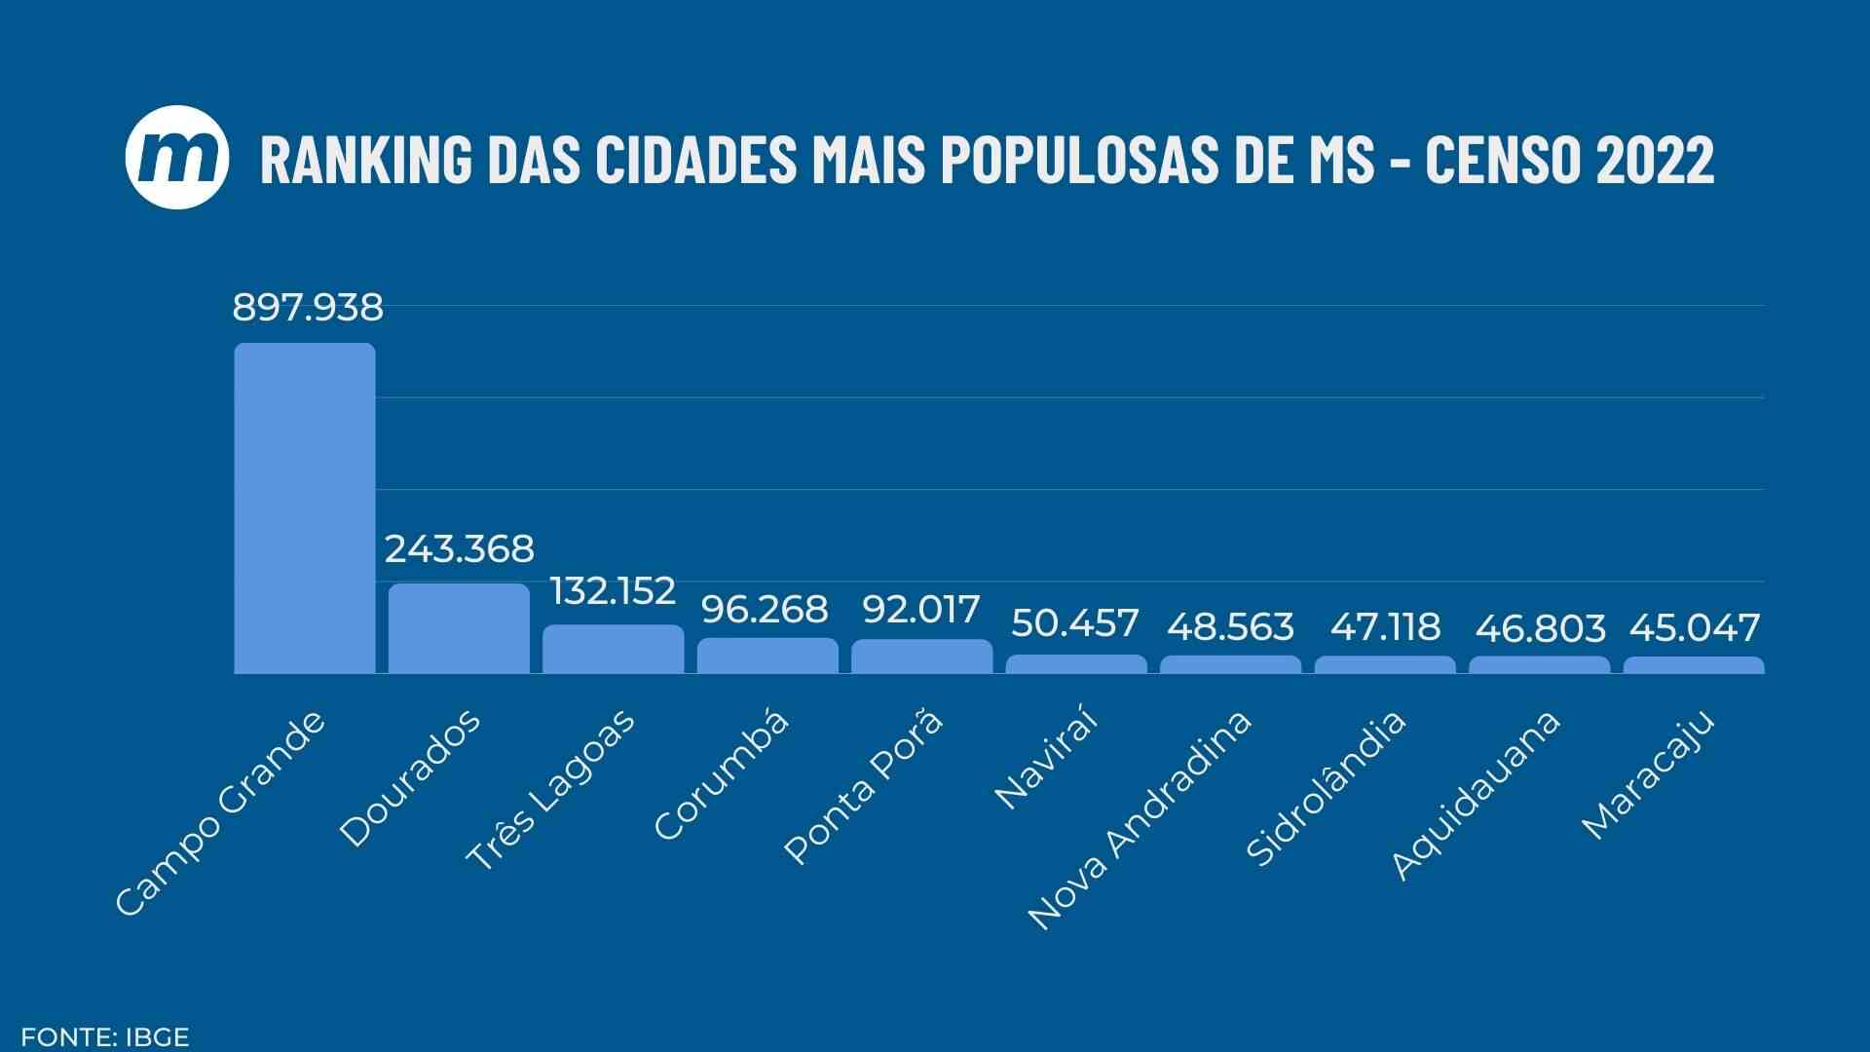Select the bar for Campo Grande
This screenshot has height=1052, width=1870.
point(305,507)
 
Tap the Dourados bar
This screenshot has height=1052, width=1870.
point(459,628)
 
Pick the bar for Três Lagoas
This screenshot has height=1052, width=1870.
point(614,649)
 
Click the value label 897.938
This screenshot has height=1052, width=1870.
point(308,308)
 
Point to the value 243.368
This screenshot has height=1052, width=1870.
point(459,549)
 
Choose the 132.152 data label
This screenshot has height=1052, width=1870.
point(613,591)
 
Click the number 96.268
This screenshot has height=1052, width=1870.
point(765,610)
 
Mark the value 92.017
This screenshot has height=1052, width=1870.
point(920,611)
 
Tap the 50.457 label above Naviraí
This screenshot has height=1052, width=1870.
point(1074,623)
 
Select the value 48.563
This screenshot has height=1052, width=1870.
point(1230,627)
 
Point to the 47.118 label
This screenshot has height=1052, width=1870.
point(1384,627)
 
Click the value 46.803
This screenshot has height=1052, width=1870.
point(1540,629)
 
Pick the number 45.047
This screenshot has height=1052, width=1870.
point(1694,628)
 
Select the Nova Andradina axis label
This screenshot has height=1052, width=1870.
point(1140,820)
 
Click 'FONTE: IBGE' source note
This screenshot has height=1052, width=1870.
point(104,1036)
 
